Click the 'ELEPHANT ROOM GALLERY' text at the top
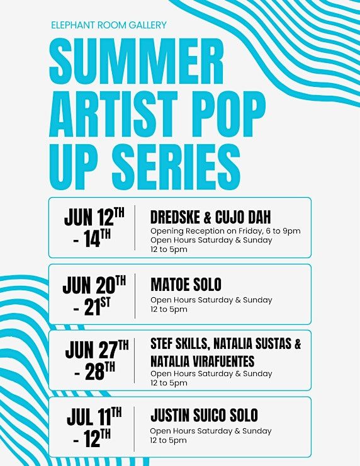109,25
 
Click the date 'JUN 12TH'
94,217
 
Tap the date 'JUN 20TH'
94,285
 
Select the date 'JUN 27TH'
97,349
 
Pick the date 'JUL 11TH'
94,416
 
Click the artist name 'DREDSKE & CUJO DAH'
211,217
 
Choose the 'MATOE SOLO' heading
186,285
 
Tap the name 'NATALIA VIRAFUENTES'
202,361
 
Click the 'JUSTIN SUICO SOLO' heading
204,415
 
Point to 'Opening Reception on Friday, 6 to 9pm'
225,231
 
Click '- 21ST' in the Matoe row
92,307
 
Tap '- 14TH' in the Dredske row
92,239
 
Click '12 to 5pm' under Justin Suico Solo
169,440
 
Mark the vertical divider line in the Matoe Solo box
135,296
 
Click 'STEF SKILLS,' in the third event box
180,344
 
